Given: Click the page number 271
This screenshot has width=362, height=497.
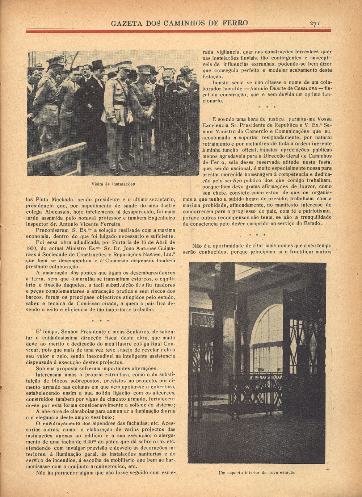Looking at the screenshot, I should (315, 23).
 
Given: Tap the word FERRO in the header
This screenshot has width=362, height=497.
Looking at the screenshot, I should (236, 23).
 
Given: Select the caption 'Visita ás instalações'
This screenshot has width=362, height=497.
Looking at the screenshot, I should (113, 184).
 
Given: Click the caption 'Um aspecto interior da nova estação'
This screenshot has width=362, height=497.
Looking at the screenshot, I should (257, 473).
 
